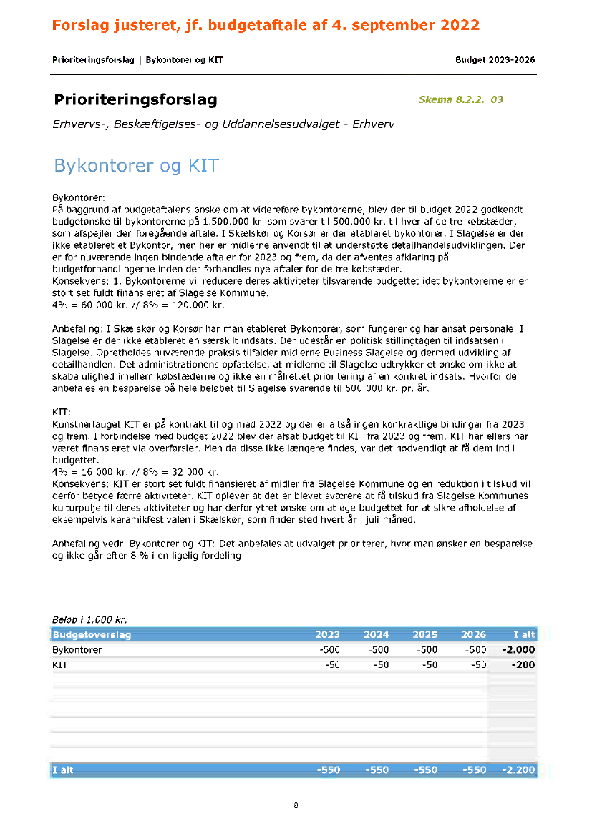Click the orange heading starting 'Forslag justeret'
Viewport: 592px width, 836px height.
(266, 26)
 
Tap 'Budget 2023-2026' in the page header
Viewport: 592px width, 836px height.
(495, 60)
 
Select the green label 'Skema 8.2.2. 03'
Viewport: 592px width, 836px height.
(460, 99)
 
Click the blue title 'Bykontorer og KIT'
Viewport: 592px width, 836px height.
(136, 167)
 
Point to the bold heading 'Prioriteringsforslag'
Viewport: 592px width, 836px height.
(135, 100)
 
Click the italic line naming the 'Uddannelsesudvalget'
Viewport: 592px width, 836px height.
(223, 124)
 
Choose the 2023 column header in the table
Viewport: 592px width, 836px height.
(327, 634)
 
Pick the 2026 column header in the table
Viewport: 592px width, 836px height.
(473, 634)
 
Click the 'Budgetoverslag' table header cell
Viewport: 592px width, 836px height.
(92, 634)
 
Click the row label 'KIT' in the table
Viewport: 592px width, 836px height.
(60, 665)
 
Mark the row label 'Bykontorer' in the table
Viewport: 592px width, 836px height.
(77, 650)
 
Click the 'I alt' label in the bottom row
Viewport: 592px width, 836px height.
(63, 770)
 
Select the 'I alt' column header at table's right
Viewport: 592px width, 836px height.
(524, 634)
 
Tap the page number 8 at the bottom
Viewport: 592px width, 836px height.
(296, 806)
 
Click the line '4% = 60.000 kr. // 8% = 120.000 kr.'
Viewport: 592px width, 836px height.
(138, 305)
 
